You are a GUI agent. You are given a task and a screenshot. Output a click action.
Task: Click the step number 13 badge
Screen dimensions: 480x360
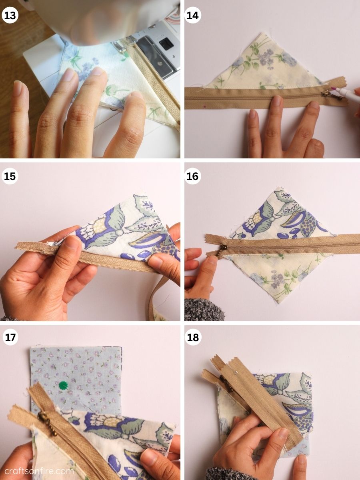click(10, 16)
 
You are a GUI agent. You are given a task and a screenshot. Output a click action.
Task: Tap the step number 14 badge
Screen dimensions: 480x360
click(193, 16)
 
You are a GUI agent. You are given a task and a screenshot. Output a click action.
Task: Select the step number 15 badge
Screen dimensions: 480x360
click(10, 176)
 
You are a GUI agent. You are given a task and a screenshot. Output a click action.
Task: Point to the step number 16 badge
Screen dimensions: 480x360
click(193, 176)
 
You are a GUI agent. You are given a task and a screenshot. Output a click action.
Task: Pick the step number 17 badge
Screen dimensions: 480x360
click(10, 337)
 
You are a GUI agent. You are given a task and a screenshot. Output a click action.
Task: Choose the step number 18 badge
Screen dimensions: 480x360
click(193, 337)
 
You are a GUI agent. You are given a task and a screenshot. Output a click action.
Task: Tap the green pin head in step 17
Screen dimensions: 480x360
click(63, 386)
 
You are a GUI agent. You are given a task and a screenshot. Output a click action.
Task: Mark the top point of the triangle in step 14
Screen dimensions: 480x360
click(261, 34)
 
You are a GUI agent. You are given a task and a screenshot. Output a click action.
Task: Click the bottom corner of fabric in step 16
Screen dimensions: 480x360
click(276, 303)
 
